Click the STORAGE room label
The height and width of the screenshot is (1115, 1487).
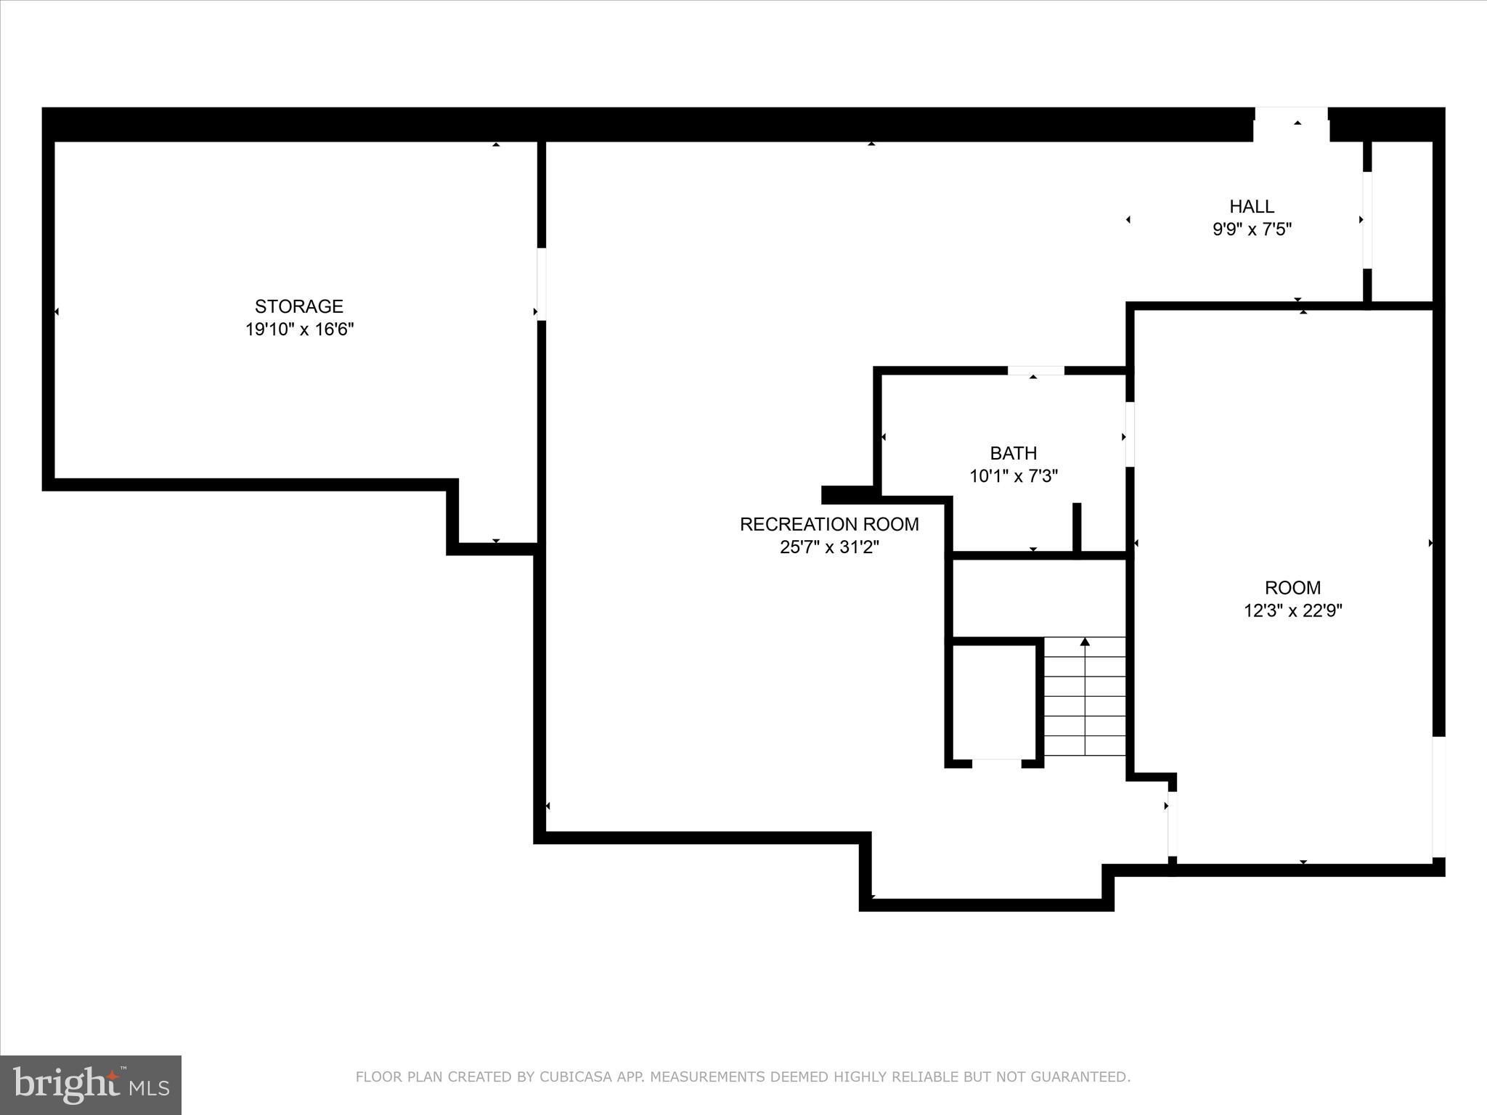tap(298, 306)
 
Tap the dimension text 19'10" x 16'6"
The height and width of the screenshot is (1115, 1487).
tap(298, 330)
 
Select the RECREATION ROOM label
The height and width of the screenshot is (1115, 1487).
tap(829, 524)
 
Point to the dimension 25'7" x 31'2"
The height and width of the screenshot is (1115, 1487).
tap(829, 547)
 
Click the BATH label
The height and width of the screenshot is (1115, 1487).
tap(1013, 454)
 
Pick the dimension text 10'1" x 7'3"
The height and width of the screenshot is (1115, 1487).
tap(1013, 476)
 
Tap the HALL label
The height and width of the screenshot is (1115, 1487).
tap(1252, 206)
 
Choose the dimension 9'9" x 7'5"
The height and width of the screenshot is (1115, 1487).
tap(1252, 229)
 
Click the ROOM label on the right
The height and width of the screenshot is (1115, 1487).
tap(1292, 587)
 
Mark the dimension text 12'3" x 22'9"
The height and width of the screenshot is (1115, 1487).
tap(1292, 610)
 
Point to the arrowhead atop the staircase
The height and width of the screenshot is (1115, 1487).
tap(1085, 642)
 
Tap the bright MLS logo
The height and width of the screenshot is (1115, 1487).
tap(91, 1085)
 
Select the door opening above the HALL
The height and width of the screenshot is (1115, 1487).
tap(1291, 124)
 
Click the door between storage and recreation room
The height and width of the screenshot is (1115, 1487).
tap(541, 284)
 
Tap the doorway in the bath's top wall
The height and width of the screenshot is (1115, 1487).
tap(1035, 371)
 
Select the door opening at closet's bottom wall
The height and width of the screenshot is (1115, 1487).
tap(996, 764)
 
